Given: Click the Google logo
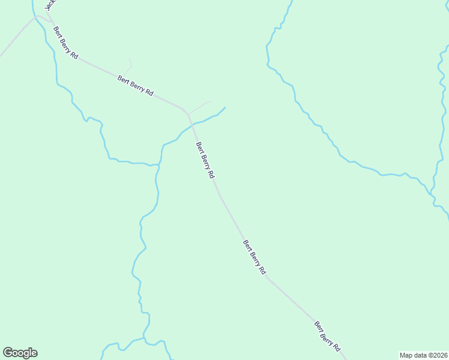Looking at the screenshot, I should click(20, 353).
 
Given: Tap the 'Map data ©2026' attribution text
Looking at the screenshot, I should click(423, 355).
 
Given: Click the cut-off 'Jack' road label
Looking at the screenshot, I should click(50, 5).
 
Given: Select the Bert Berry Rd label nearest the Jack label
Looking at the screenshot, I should click(65, 43).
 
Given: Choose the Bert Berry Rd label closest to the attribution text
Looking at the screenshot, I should click(328, 336).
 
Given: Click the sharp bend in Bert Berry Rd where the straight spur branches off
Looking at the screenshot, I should click(188, 113).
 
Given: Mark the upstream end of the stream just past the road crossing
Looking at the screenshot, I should click(225, 108).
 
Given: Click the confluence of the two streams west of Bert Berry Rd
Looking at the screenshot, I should click(159, 164).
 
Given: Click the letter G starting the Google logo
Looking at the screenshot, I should click(8, 353).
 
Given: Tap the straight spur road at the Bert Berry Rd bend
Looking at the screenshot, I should click(200, 106).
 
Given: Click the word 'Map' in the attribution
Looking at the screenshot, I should click(406, 355).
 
